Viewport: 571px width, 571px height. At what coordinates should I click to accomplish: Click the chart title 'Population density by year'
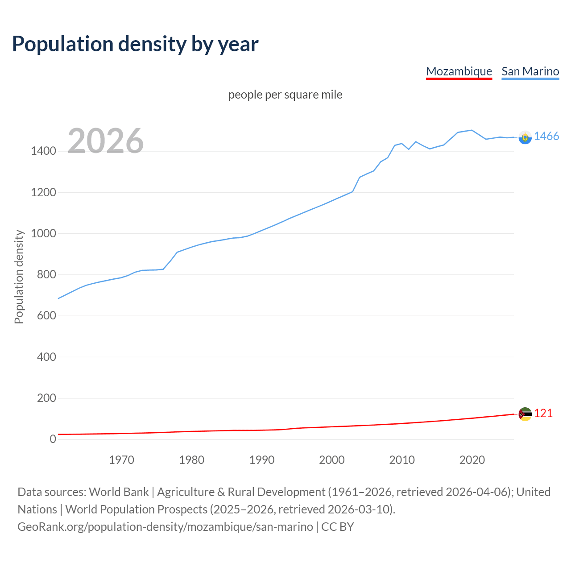click(x=135, y=44)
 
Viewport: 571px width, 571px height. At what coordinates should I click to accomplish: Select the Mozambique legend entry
click(x=459, y=71)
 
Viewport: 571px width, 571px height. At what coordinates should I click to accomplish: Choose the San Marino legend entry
click(x=530, y=71)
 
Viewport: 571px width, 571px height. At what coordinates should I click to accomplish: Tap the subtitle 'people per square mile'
click(x=285, y=95)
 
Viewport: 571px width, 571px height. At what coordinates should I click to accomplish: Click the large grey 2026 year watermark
click(x=106, y=141)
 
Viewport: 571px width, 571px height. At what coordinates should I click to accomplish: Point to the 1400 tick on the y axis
click(x=43, y=151)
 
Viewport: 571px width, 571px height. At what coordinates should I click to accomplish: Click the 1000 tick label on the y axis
click(x=43, y=234)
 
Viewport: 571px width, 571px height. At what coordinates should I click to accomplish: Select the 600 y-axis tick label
click(x=46, y=316)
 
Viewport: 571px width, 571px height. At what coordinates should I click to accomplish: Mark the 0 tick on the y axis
click(x=53, y=439)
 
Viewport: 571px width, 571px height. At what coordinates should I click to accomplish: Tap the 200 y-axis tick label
click(x=46, y=398)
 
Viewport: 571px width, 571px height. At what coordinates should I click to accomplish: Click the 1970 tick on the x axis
click(x=121, y=460)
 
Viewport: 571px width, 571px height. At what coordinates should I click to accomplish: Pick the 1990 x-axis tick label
click(x=262, y=460)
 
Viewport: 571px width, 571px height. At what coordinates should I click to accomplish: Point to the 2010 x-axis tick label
click(x=402, y=460)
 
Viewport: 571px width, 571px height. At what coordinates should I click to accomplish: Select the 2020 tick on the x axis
click(x=472, y=460)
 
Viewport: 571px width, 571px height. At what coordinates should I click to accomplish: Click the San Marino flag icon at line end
click(x=525, y=137)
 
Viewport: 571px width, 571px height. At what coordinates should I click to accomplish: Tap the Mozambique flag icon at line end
click(x=525, y=414)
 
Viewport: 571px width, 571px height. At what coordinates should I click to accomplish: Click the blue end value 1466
click(x=546, y=137)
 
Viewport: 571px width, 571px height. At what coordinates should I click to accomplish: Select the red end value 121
click(x=543, y=414)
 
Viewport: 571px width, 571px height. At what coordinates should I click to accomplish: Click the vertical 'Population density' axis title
click(x=19, y=277)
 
